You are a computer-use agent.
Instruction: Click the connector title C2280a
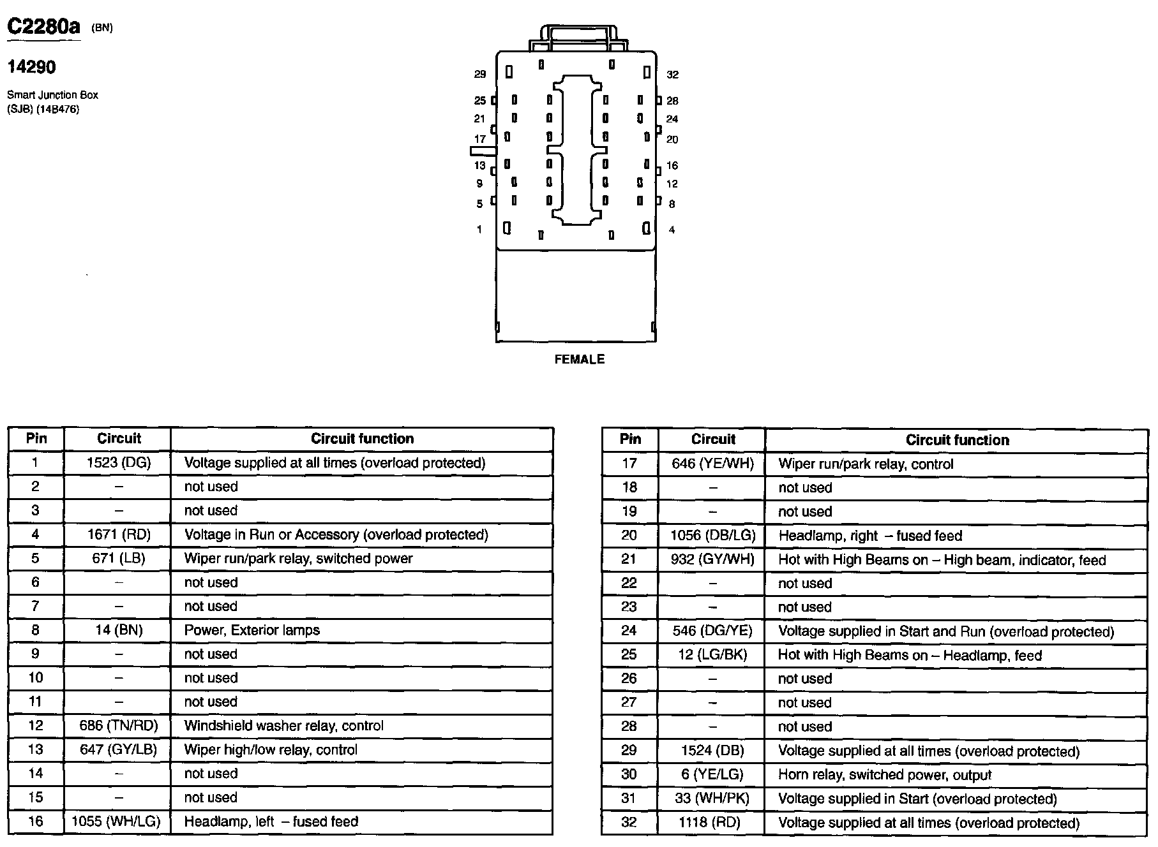44,27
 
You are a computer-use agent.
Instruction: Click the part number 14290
31,67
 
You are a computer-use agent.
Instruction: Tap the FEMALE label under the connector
579,360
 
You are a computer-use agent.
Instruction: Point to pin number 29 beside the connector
480,75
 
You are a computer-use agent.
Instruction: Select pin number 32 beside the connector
672,75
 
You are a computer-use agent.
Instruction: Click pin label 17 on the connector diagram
480,139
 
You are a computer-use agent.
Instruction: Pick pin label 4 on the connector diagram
672,230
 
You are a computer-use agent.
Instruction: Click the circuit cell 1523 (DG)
119,463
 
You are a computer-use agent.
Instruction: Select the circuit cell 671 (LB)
119,559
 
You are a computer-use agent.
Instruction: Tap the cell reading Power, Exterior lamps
252,630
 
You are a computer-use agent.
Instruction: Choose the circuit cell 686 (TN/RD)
119,726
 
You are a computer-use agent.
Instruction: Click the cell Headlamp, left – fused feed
271,821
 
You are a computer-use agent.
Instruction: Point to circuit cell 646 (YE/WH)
712,464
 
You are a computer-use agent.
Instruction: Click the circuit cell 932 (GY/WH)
712,560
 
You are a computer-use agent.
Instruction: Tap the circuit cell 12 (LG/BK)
712,655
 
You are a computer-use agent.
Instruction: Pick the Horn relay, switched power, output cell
885,775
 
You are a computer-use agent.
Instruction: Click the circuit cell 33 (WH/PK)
712,799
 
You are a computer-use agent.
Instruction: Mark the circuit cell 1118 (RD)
712,823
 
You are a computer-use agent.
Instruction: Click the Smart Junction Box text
52,95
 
